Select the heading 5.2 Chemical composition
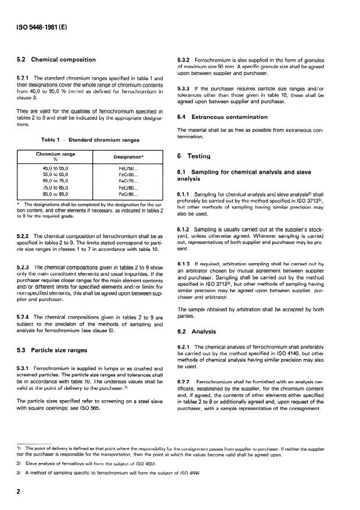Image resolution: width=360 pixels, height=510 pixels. pos(57,60)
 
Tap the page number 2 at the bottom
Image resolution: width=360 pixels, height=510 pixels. pos(20,490)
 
